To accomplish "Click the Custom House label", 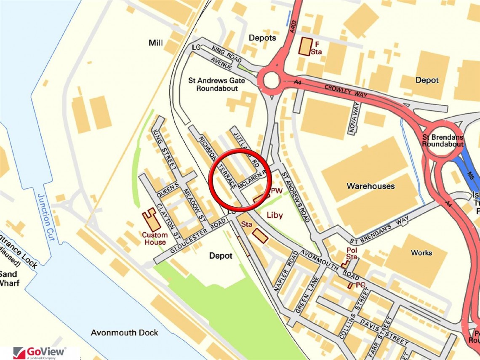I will point(154,238).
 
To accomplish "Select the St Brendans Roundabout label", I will point(443,141).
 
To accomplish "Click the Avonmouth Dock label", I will point(124,333).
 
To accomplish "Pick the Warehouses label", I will point(371,186).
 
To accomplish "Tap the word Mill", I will point(156,43).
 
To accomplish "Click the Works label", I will point(421,253).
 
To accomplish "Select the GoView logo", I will point(40,352).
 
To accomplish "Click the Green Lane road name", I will point(305,296).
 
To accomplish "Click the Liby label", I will point(275,214).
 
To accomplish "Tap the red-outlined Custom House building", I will point(151,219).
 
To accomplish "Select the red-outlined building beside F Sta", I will point(306,46).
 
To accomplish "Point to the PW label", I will point(276,191).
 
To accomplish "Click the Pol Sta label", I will point(352,253).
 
